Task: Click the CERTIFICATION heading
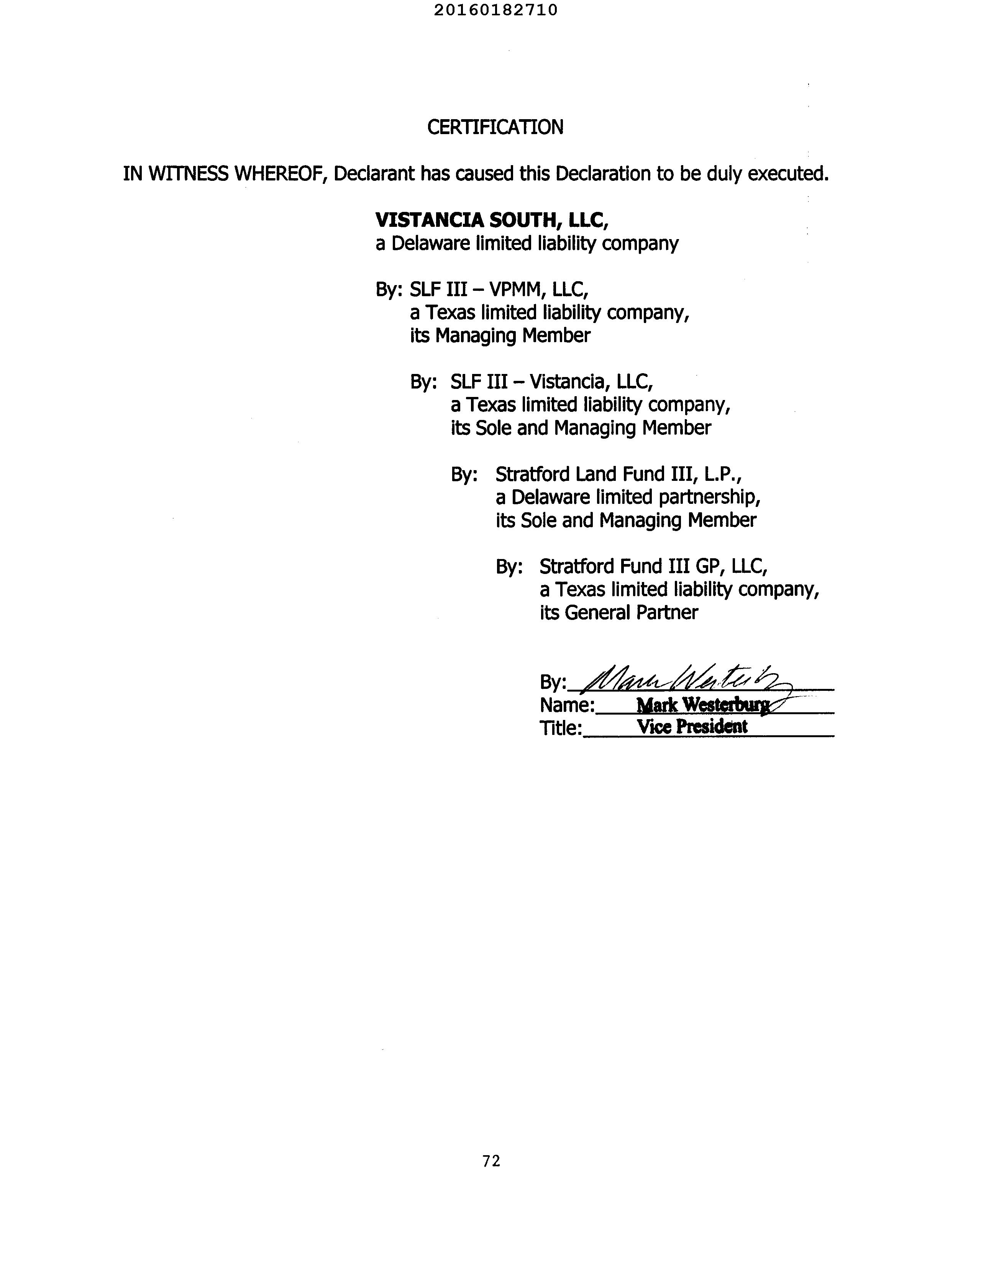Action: click(x=495, y=127)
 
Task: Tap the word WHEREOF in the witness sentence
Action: click(x=278, y=174)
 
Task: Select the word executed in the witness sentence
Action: click(x=787, y=174)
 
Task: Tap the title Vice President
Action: click(x=692, y=726)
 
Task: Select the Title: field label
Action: click(x=560, y=728)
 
